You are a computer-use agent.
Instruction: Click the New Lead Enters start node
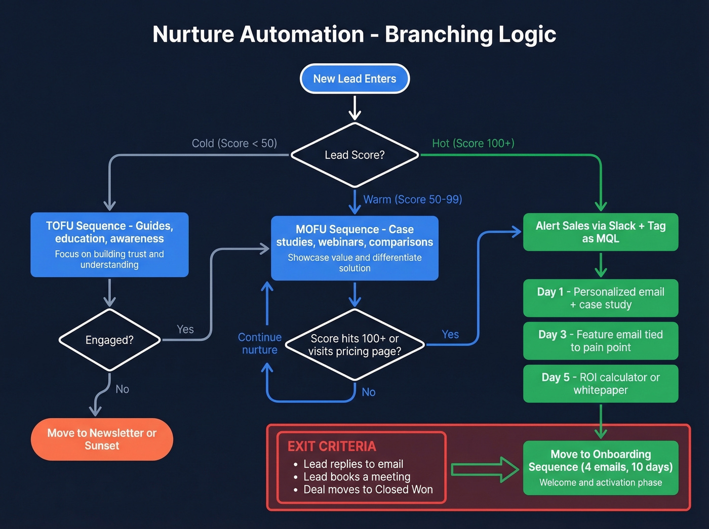354,78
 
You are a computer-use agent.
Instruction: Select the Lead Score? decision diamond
354,155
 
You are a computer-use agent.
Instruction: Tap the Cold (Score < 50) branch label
234,143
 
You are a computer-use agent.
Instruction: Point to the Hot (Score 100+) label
473,143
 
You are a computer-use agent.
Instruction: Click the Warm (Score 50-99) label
412,199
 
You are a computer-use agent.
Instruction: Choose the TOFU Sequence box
109,245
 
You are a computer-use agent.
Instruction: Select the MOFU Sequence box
354,248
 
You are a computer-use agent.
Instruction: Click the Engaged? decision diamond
109,340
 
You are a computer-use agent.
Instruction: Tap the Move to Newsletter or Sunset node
102,439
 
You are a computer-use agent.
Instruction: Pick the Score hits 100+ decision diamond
354,345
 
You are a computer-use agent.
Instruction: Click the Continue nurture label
259,344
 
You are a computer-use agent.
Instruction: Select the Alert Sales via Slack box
601,232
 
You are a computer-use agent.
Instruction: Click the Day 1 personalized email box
601,298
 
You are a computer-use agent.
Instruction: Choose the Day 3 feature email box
601,341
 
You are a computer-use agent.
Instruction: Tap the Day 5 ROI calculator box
601,384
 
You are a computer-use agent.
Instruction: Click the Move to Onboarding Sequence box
601,468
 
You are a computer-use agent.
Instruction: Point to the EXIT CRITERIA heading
332,446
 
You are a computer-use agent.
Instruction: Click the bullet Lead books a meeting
357,477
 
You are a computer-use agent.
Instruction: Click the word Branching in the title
438,34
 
